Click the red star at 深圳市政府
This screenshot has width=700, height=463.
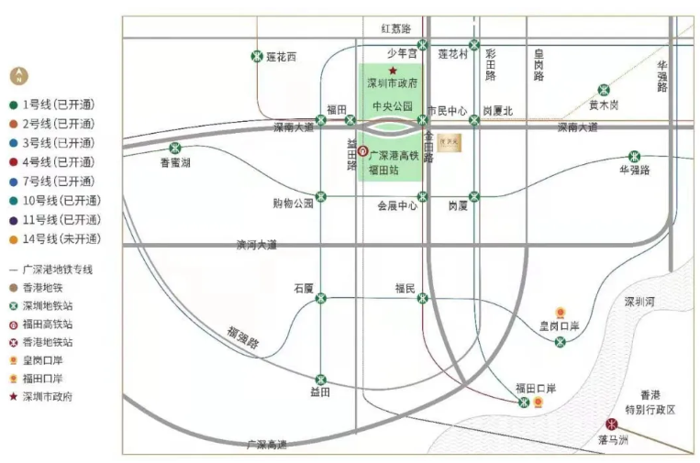(x=393, y=71)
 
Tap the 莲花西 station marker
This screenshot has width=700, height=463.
(x=257, y=57)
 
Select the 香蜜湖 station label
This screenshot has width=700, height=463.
(x=175, y=162)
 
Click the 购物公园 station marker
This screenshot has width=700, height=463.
(x=321, y=196)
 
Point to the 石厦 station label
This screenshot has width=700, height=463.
(x=304, y=287)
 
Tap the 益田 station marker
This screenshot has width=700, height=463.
(x=321, y=380)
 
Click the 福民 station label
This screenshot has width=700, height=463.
(x=406, y=287)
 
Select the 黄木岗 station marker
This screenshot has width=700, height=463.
(x=604, y=90)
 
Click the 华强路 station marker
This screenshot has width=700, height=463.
(x=633, y=156)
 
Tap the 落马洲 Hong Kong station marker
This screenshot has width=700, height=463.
(x=611, y=424)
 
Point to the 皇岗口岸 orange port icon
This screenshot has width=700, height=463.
(x=561, y=313)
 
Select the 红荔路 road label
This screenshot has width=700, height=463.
(x=396, y=29)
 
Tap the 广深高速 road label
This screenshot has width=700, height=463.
(x=267, y=445)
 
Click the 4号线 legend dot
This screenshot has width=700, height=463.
(x=13, y=162)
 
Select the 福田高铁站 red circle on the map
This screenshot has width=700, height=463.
(x=362, y=151)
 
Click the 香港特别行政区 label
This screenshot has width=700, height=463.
(x=658, y=402)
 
